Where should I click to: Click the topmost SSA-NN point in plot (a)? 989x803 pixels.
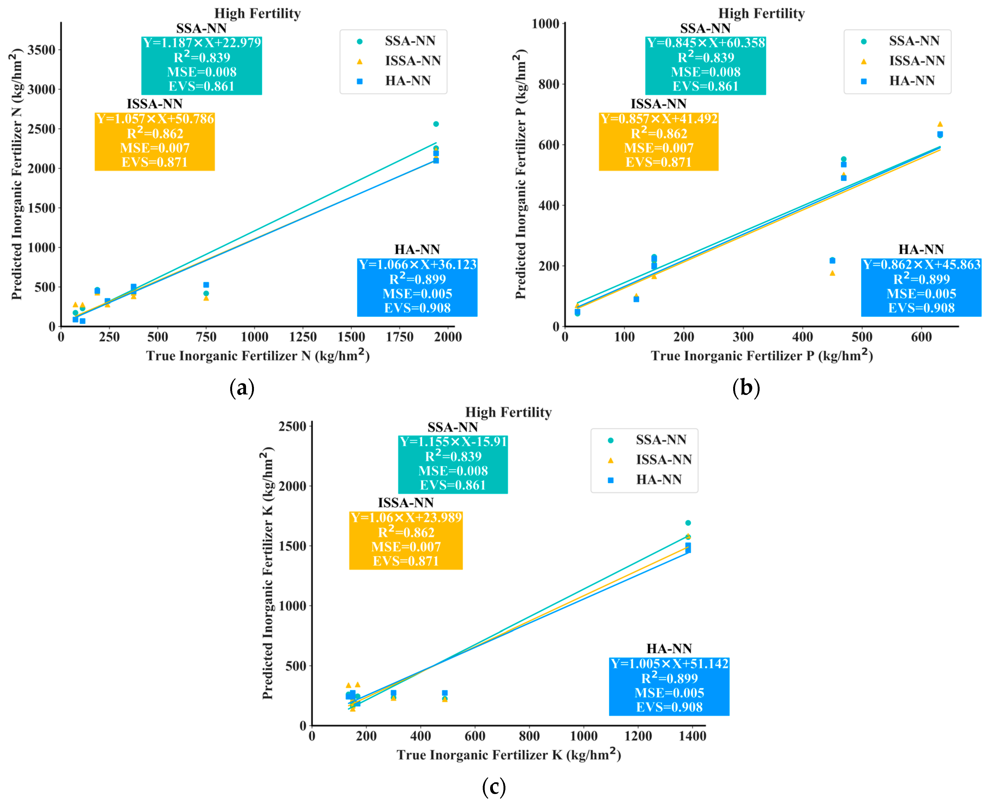pos(436,124)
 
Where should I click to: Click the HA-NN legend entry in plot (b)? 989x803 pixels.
pos(911,81)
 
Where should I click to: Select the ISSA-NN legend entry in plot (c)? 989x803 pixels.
pos(663,460)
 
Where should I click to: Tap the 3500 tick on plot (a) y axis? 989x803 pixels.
pos(41,50)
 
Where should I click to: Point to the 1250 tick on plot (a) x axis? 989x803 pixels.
pos(302,337)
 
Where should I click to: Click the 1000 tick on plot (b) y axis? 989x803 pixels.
pos(546,23)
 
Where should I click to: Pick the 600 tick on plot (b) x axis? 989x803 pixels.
pos(921,337)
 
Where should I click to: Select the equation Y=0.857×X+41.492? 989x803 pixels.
pos(659,119)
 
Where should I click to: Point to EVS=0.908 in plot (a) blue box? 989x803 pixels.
pos(417,308)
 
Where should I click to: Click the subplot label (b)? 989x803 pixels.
pos(746,388)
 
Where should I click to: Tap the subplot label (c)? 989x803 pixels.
pos(494,786)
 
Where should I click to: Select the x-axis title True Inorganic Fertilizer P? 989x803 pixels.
pos(762,356)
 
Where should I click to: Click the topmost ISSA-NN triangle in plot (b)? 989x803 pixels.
pos(940,124)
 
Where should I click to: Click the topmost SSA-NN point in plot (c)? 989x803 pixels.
pos(688,523)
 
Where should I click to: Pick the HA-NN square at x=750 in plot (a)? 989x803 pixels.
pos(206,285)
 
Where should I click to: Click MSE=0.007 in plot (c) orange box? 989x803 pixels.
pos(406,547)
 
